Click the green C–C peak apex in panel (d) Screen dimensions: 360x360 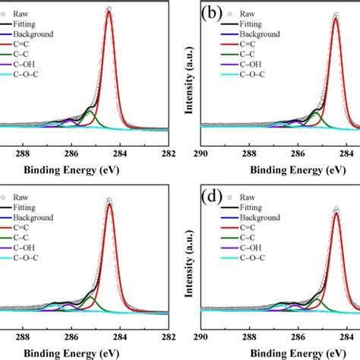[x=315, y=299]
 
